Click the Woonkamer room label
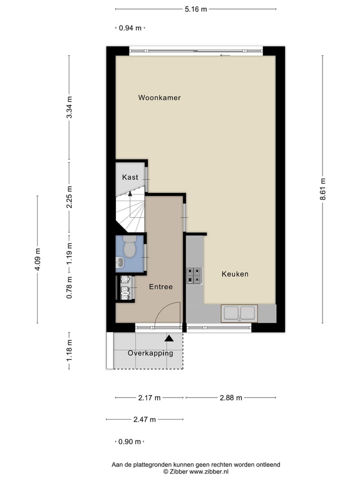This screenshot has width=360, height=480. click(x=159, y=98)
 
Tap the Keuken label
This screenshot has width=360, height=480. click(x=235, y=274)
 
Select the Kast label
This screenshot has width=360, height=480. click(x=130, y=177)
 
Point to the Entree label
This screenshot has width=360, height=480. click(x=160, y=287)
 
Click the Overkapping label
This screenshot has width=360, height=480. click(x=150, y=353)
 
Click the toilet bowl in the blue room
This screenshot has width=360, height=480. click(x=130, y=247)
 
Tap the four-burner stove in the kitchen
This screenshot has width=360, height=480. click(x=194, y=275)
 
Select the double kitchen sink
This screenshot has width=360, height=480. click(x=239, y=313)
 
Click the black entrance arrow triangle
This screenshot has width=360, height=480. click(x=169, y=338)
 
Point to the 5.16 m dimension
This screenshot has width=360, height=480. click(x=196, y=9)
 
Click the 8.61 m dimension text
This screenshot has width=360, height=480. click(x=323, y=189)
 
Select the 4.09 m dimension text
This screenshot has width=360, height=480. click(x=37, y=259)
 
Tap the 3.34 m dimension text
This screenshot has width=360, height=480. click(x=69, y=107)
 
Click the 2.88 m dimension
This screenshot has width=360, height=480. click(x=231, y=398)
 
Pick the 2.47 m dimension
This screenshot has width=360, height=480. click(x=144, y=419)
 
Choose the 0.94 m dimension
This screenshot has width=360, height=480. click(x=130, y=28)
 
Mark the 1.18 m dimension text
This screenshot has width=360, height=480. click(x=69, y=350)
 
